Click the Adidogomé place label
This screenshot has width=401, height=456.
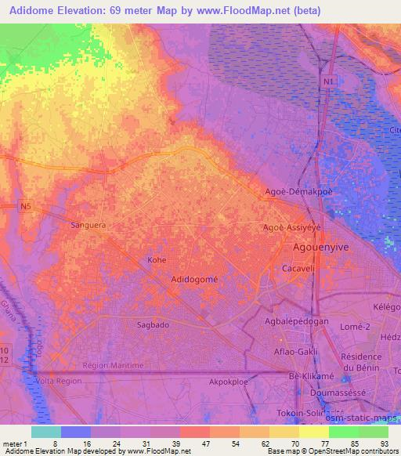194,279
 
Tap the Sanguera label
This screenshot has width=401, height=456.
88,224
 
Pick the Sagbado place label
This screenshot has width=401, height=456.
131,323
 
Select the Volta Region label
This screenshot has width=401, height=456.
59,382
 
